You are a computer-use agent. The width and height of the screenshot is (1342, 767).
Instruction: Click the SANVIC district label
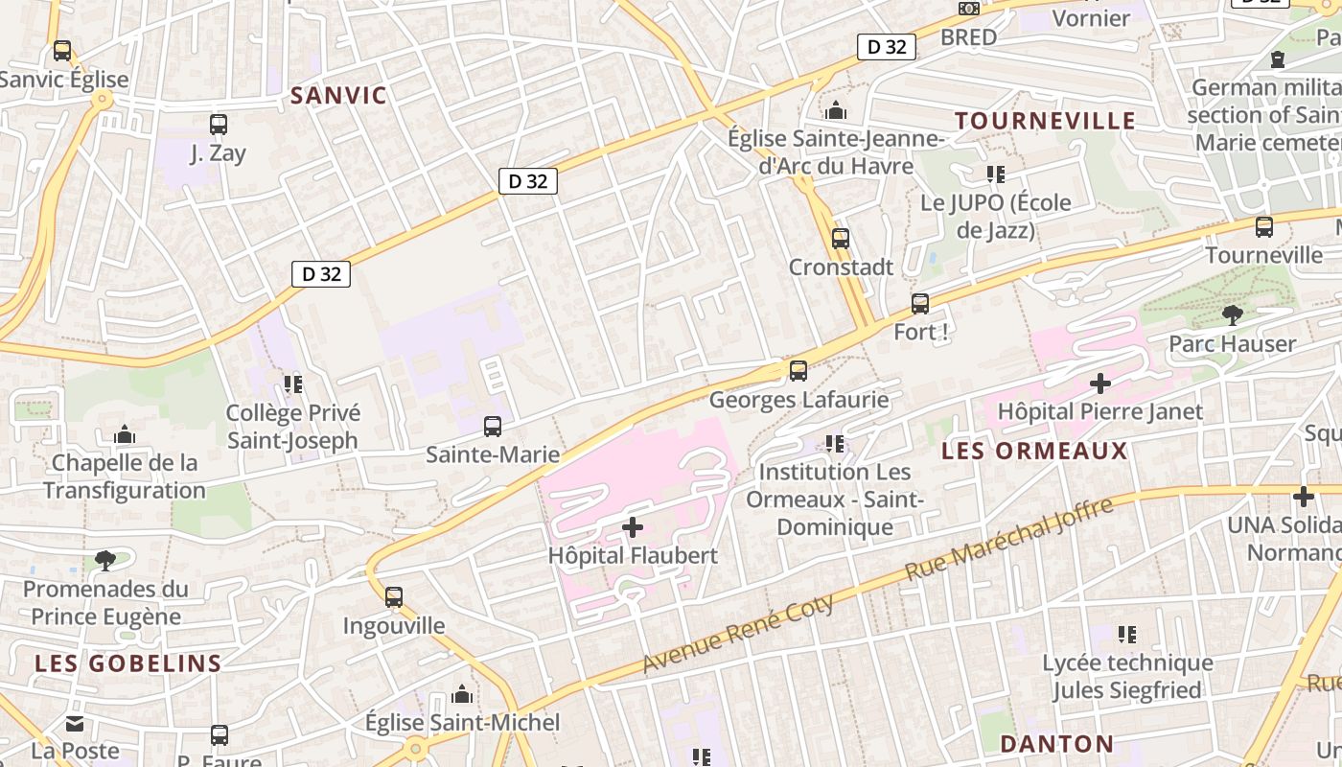(x=338, y=95)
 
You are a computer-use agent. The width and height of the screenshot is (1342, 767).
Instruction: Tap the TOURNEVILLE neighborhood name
(x=1045, y=121)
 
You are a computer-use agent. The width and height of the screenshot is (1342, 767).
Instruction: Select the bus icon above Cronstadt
(x=841, y=238)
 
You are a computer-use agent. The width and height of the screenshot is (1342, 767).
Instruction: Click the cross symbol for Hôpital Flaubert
(x=633, y=526)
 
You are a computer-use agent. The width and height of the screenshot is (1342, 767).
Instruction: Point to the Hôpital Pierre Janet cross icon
(x=1100, y=383)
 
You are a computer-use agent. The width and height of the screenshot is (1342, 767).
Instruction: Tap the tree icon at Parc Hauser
(x=1232, y=314)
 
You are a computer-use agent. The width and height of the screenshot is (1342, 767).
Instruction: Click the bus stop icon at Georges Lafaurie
(x=798, y=370)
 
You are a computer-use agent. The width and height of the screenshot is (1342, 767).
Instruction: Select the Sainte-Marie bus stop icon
(x=493, y=426)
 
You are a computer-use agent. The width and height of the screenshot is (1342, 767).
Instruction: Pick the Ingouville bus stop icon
(x=394, y=596)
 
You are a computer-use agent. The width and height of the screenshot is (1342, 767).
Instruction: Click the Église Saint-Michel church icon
(x=462, y=693)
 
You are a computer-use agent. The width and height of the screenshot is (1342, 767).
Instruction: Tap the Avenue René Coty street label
(x=737, y=634)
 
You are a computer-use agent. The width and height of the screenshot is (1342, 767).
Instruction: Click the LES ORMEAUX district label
(x=1035, y=451)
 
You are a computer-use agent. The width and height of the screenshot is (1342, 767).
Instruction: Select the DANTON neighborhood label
(x=1056, y=744)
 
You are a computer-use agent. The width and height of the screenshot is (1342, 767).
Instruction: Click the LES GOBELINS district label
(x=128, y=662)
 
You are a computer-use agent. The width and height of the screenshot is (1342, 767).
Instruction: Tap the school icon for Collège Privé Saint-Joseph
(x=293, y=384)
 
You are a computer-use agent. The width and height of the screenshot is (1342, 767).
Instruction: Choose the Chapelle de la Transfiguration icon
(x=125, y=434)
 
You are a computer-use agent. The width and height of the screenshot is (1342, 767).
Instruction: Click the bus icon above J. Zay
(x=219, y=124)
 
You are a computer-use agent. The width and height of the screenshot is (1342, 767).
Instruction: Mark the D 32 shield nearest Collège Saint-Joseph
(x=321, y=274)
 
